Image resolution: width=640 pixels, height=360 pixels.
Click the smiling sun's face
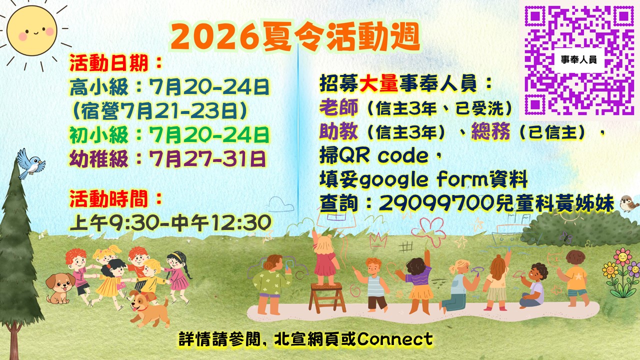(31, 31)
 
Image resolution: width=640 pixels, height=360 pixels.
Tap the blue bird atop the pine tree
(30, 163)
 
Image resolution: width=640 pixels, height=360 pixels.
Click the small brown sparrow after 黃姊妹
(629, 203)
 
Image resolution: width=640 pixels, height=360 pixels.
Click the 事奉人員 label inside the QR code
(578, 59)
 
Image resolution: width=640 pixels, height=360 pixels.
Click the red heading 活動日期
(109, 63)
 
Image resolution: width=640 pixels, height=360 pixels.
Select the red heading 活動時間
(109, 199)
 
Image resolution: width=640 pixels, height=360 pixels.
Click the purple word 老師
(338, 107)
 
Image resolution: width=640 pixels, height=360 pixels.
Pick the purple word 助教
(338, 131)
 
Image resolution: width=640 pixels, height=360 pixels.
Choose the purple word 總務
(490, 131)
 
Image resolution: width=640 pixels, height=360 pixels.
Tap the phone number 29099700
(437, 203)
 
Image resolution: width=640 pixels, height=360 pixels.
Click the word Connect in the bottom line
(394, 339)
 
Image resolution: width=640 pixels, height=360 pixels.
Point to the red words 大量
(379, 83)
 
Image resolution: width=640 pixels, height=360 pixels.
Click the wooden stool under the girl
(326, 297)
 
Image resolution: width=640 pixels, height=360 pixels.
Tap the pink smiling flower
(622, 256)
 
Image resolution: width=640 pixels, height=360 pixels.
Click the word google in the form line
(393, 180)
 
